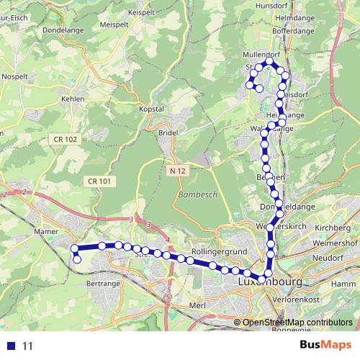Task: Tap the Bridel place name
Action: pos(167,133)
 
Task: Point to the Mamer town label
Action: pos(45,232)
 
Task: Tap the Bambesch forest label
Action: pos(193,196)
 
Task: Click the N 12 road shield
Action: pos(179,171)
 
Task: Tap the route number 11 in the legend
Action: pos(27,346)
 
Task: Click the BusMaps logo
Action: pos(325,345)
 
